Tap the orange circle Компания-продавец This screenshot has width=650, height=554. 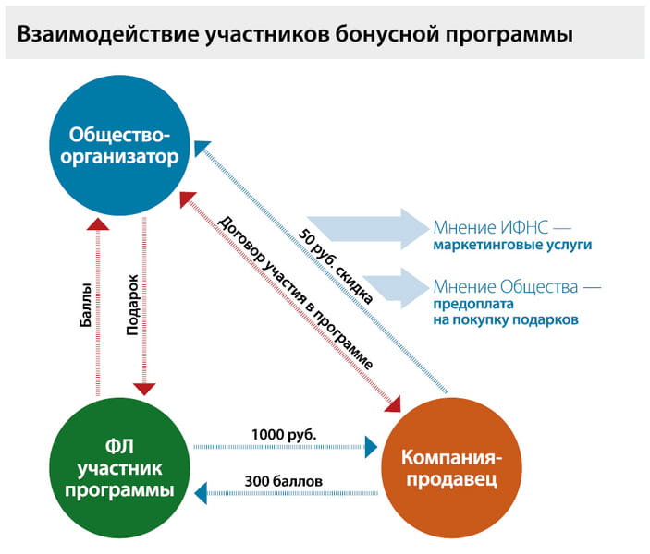(450, 469)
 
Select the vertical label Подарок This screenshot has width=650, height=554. (133, 303)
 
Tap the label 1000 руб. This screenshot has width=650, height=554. (284, 433)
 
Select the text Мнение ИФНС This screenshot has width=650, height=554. (493, 227)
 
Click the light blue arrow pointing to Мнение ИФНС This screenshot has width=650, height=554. (364, 228)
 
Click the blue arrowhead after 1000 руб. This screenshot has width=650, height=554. (372, 448)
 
